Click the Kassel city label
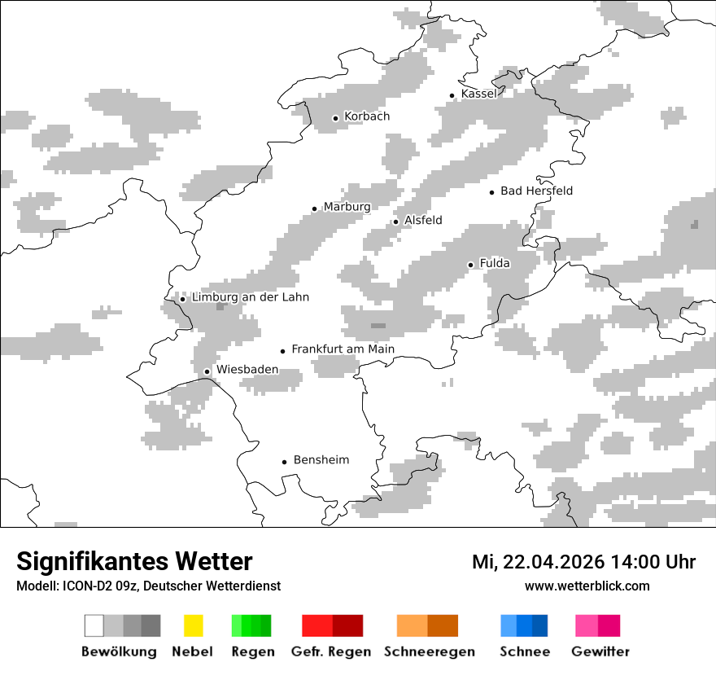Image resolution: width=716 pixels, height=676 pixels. click(x=478, y=94)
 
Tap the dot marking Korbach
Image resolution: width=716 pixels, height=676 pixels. click(x=335, y=118)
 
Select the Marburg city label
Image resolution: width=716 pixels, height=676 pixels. click(x=347, y=207)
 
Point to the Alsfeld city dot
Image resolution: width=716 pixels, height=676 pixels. click(x=396, y=222)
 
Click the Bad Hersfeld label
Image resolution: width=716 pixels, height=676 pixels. click(x=536, y=191)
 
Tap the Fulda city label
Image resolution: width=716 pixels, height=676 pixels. click(x=495, y=263)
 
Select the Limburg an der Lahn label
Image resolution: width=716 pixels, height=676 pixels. click(x=250, y=297)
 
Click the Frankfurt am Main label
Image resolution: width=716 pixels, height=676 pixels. click(x=343, y=349)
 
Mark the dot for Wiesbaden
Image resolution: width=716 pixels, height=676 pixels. click(x=207, y=371)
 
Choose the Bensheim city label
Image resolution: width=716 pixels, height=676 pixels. click(x=321, y=460)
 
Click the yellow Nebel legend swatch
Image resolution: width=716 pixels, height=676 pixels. click(x=193, y=626)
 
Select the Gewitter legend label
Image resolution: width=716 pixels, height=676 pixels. click(x=600, y=652)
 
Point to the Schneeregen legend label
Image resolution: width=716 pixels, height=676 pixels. click(x=429, y=652)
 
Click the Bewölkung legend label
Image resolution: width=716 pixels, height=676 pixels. click(x=119, y=652)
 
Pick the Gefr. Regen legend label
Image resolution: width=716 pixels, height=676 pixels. click(x=330, y=652)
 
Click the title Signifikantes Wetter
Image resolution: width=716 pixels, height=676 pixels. click(x=134, y=561)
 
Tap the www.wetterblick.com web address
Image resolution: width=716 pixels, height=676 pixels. click(x=587, y=586)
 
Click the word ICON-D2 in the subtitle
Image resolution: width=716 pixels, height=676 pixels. click(x=84, y=586)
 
